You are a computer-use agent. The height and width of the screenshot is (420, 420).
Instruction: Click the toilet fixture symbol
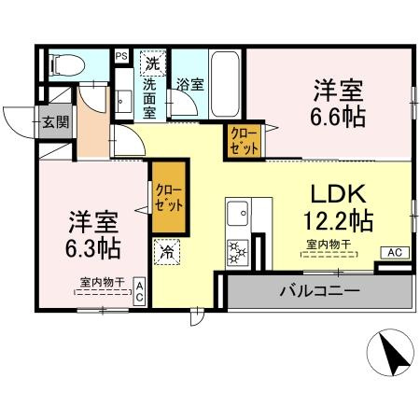pyautogui.click(x=65, y=65)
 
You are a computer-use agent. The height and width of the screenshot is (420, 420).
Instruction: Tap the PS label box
pyautogui.click(x=121, y=57)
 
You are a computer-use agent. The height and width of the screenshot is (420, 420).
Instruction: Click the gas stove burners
pyautogui.click(x=236, y=251)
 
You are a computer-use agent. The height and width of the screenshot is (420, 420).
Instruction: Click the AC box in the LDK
pyautogui.click(x=394, y=252)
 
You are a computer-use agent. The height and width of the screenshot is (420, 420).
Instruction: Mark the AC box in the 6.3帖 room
pyautogui.click(x=139, y=290)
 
